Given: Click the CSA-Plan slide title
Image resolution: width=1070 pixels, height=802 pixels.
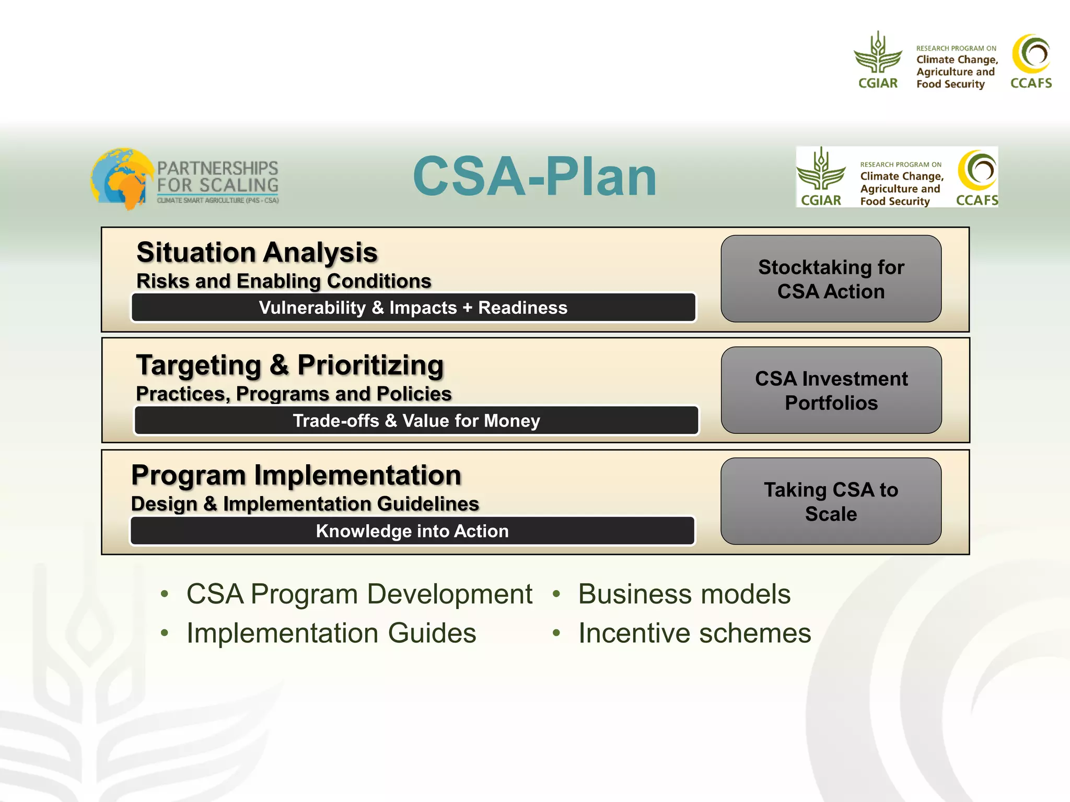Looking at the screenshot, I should [534, 178].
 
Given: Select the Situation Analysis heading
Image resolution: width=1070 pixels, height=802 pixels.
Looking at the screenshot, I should [257, 253].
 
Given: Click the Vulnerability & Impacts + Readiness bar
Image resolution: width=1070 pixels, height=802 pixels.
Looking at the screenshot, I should [413, 308].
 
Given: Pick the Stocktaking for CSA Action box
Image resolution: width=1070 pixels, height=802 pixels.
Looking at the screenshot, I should [831, 279].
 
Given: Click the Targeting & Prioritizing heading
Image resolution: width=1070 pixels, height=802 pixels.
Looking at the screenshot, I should [290, 365].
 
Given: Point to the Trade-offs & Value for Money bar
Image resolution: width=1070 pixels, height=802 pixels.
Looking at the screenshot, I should [416, 420].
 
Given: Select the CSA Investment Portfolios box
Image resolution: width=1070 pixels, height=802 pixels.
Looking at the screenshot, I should [831, 390].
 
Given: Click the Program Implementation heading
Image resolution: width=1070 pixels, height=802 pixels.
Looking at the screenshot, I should [296, 475].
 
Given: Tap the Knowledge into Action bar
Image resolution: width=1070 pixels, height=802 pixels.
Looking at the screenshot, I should [412, 531].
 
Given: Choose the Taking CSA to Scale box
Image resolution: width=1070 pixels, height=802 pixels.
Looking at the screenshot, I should [831, 501].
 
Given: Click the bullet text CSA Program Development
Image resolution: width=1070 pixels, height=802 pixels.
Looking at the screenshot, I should [359, 594].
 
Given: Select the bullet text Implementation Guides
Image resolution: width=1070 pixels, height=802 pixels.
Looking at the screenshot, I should [331, 633].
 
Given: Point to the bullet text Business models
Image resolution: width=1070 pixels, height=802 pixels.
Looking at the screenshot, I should [684, 594].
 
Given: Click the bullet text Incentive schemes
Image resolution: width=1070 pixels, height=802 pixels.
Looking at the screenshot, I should [694, 633].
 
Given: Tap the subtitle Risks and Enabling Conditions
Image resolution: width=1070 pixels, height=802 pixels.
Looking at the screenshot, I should [284, 281].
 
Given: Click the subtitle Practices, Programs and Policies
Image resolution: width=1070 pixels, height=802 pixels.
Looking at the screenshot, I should [294, 394].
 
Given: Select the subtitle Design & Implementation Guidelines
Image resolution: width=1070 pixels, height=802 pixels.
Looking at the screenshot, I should [305, 504].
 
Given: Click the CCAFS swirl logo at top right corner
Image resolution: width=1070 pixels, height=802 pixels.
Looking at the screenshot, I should [1031, 54].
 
